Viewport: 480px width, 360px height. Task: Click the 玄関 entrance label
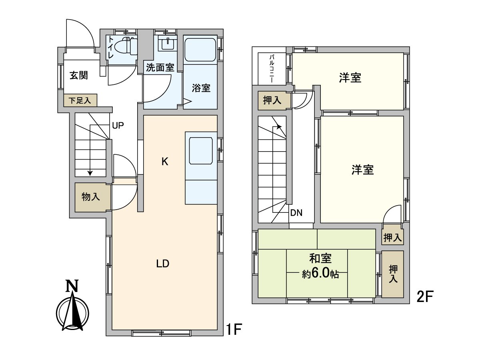point(79,75)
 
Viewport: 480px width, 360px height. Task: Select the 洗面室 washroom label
point(160,67)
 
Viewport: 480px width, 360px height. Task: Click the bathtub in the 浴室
point(200,50)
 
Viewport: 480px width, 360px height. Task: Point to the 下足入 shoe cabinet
point(80,100)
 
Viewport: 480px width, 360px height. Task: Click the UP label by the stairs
point(118,126)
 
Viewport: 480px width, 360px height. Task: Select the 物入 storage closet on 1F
point(91,197)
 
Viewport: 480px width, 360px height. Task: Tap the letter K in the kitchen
point(164,162)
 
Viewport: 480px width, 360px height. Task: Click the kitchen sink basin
point(200,150)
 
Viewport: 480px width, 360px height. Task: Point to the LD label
point(163,264)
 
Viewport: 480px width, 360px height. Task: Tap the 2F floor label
point(425,296)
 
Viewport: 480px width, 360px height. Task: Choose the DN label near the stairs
point(296,213)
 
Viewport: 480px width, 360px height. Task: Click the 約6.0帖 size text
point(320,274)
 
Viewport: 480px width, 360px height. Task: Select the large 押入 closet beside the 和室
point(392,274)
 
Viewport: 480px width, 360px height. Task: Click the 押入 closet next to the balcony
point(272,101)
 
